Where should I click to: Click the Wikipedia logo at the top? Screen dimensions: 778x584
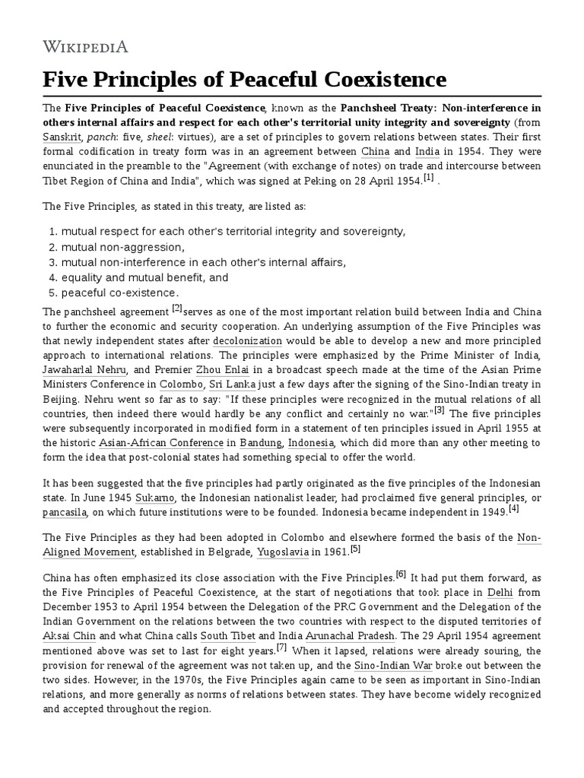85,47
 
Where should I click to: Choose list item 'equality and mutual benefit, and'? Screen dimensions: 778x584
144,277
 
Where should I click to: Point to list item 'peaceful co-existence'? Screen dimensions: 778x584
120,293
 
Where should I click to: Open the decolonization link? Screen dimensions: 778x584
247,341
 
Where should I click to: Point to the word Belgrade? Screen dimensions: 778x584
227,552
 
